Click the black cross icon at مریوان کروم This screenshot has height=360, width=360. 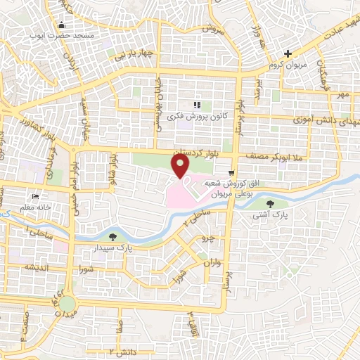287,53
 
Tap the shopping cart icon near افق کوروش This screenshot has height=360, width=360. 231,172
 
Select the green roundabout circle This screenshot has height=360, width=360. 67,304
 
